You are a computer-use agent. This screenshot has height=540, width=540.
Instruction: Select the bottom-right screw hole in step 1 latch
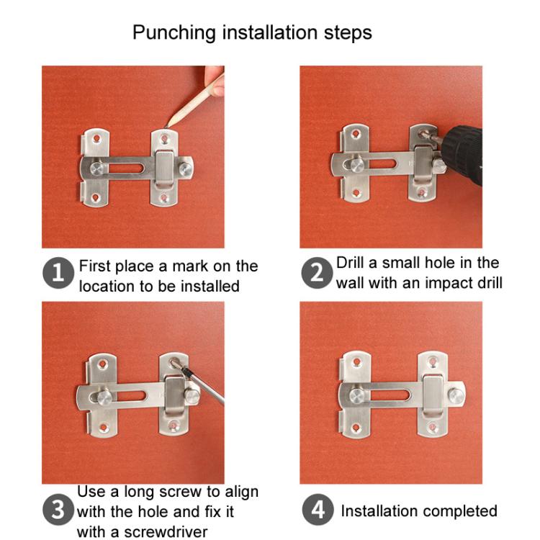coord(163,197)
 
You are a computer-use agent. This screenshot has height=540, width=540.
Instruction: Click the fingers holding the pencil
coord(215,80)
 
